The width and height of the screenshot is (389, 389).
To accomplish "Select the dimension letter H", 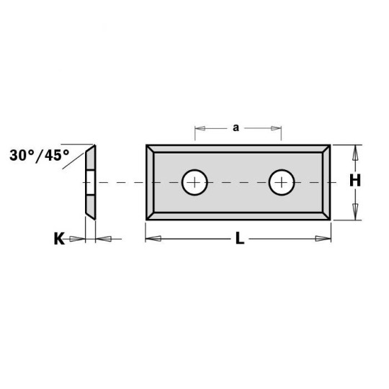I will (354, 182).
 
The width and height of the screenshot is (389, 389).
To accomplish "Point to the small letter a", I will (236, 128).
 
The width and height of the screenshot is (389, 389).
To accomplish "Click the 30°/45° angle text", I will (40, 154).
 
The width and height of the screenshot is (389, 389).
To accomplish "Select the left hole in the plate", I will (194, 182).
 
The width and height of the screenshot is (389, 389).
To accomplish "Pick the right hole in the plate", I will (282, 182).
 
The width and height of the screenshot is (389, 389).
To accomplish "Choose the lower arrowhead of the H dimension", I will (354, 214).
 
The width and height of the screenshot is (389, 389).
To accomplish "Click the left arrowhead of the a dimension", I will (200, 129).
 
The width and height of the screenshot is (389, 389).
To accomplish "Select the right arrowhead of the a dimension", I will (276, 129).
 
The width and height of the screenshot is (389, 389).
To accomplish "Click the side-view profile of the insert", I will (90, 182).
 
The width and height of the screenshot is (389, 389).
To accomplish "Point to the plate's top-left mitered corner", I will (151, 150).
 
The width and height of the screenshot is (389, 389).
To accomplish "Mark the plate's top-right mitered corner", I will (326, 150).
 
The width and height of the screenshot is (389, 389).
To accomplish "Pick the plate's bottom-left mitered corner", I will (151, 215).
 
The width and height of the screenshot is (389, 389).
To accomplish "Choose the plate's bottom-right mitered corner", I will (326, 215).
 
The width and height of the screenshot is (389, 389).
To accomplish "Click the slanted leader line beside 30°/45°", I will (77, 156).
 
